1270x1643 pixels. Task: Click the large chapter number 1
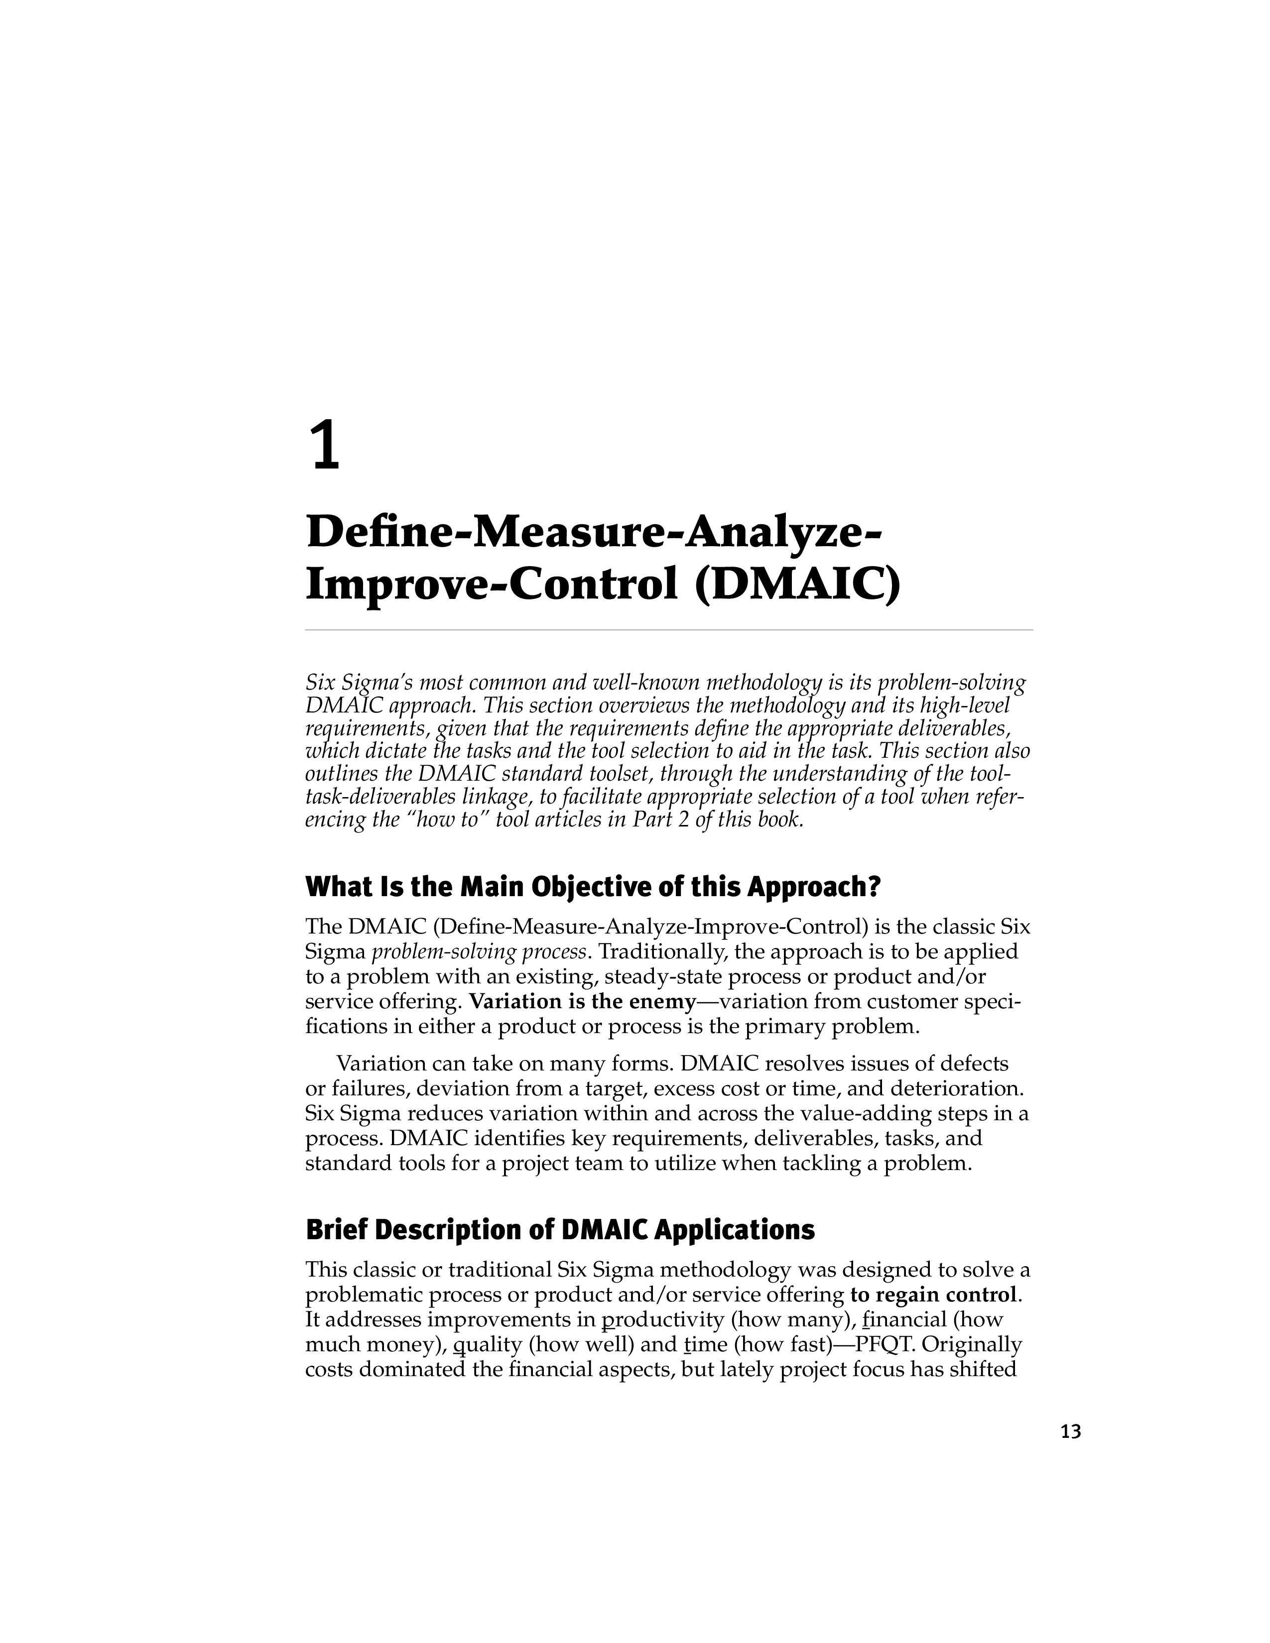325,446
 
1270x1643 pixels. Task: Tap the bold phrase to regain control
933,1294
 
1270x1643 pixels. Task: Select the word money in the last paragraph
402,1344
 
